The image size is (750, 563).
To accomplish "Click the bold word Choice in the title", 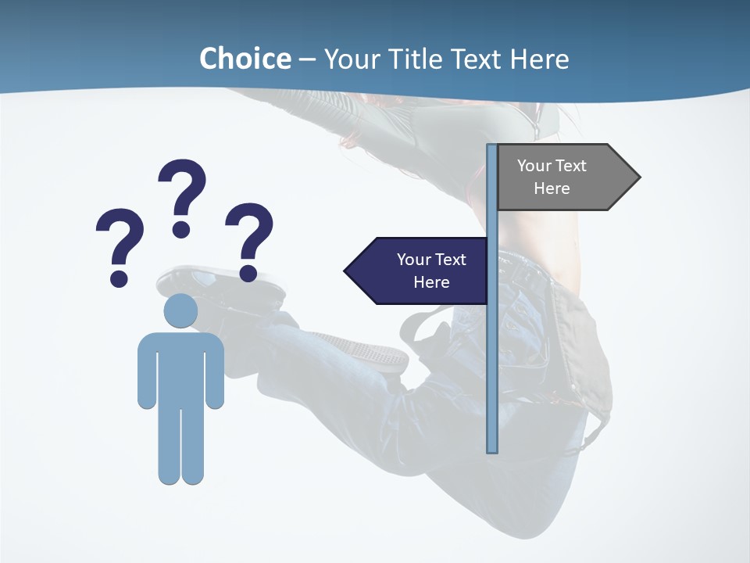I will coord(245,59).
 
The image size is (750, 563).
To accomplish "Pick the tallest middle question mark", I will coord(182,195).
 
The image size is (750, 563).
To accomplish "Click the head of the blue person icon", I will coord(180,310).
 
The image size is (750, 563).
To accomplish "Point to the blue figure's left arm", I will coord(146,371).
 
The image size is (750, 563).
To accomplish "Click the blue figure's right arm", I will coord(215,371).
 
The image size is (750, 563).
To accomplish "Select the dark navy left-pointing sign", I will coord(422,271).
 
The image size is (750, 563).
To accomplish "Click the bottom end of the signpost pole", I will coord(492,448).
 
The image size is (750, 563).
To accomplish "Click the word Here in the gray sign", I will coord(552,188).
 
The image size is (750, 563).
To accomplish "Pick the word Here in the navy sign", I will coord(431,282).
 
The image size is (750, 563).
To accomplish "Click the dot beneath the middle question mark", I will coord(181,228).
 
